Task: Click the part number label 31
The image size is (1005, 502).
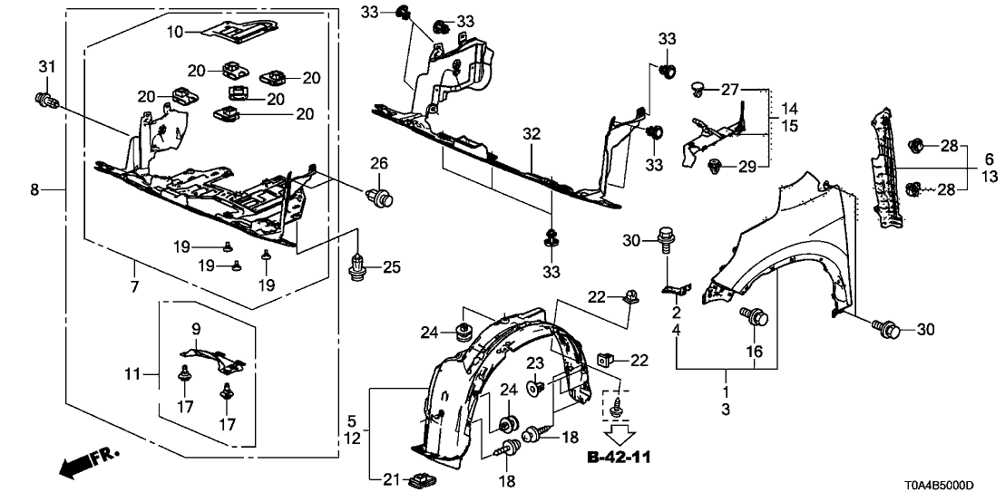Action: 46,66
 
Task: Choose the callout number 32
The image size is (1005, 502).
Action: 532,134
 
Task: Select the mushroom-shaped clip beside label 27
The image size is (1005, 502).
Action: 698,88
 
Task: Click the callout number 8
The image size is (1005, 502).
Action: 35,190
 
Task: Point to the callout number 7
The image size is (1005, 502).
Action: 135,286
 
